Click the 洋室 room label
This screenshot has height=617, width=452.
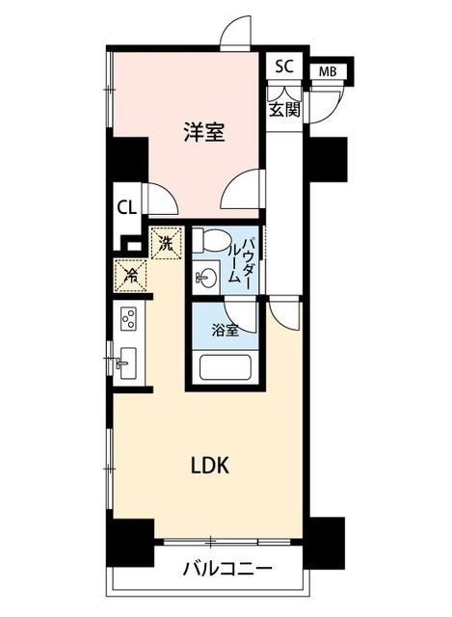pos(204,132)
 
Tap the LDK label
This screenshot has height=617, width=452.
pos(210,466)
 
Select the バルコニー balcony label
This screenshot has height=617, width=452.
pos(227,568)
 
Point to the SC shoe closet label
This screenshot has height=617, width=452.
pos(284,67)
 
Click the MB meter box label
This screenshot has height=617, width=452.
pos(328,72)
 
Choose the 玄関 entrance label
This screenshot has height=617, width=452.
pos(284,110)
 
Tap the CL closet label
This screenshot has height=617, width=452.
pos(126,207)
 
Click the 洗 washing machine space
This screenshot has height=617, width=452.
pos(167,243)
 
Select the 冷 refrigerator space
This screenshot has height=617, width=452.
pos(131,276)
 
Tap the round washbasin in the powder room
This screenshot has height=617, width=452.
pos(205,279)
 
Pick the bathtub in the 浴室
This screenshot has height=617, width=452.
pos(225,367)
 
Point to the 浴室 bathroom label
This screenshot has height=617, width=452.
pos(225,330)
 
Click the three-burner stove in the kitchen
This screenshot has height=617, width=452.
pos(128,318)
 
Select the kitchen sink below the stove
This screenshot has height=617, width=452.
pos(127,362)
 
